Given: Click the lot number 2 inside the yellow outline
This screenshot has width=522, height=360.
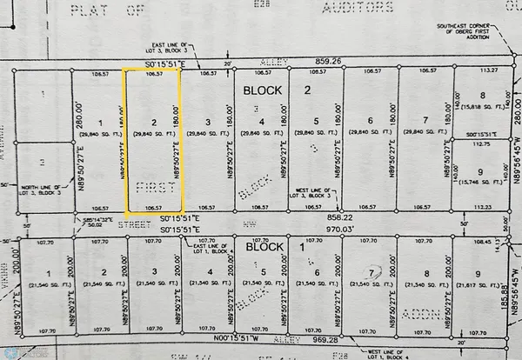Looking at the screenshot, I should pyautogui.click(x=153, y=123).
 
